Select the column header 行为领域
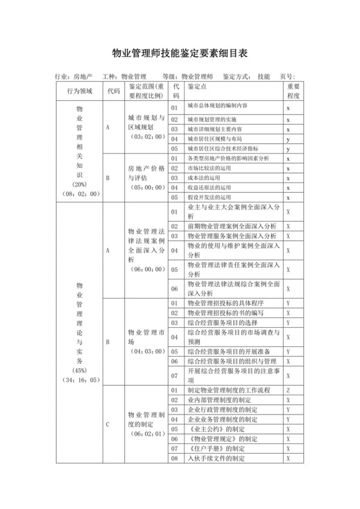[x=79, y=91]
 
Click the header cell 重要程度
[x=293, y=91]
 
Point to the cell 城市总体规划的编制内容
[x=217, y=107]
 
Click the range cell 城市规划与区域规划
[x=146, y=127]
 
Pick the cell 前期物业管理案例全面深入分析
[x=231, y=226]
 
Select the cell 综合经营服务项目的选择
[x=222, y=322]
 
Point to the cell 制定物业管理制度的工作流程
[x=228, y=389]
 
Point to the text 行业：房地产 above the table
[x=75, y=76]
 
